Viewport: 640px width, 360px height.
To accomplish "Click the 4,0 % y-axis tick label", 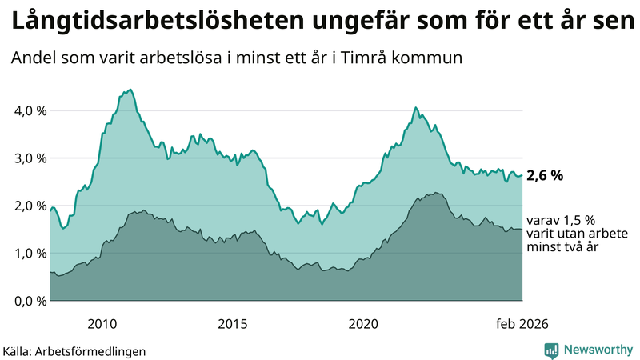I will [30, 110].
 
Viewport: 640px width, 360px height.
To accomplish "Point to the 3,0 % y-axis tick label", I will [30, 158].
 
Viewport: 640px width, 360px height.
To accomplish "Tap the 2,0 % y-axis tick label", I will [30, 206].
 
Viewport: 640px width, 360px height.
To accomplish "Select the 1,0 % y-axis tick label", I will [30, 254].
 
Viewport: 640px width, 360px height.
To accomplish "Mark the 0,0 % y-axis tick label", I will [30, 301].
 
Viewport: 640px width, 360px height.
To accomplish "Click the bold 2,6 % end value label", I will [545, 176].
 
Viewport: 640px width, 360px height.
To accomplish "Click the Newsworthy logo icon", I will [551, 350].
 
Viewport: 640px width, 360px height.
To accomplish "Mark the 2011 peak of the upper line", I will [131, 90].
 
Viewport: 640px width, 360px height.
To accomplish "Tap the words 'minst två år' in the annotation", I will [563, 248].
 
